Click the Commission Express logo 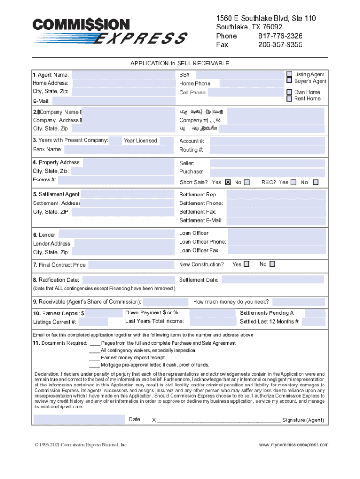(109, 31)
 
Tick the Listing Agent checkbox (289, 74)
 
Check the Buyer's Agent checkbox (289, 81)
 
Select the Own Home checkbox (289, 92)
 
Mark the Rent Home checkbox (289, 99)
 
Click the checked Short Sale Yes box (228, 182)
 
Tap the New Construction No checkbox (273, 264)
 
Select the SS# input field (239, 75)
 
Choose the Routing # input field (267, 150)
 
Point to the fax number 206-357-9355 (281, 45)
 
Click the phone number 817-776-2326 (281, 36)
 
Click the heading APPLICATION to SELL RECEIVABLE (180, 64)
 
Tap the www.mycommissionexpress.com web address (294, 445)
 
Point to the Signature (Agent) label (303, 420)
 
